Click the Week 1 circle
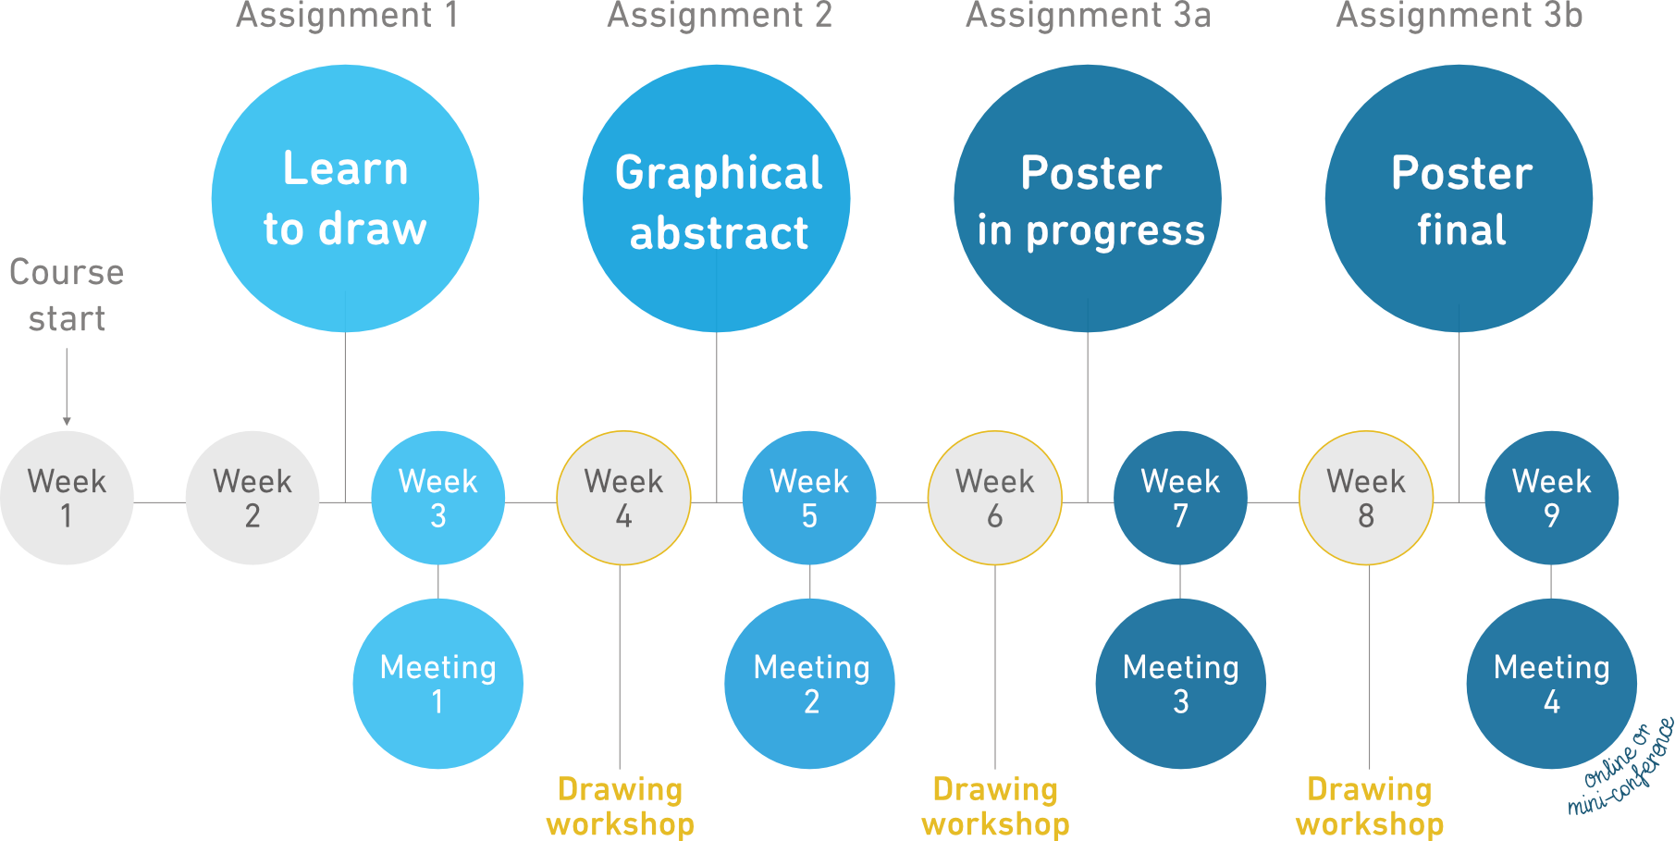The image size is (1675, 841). [x=67, y=498]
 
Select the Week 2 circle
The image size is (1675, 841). [x=252, y=498]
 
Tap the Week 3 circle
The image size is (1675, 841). [x=438, y=498]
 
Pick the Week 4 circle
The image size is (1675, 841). [x=623, y=498]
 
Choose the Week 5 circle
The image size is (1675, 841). [x=809, y=498]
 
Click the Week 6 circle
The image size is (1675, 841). [x=995, y=498]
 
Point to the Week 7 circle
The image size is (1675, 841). [x=1180, y=498]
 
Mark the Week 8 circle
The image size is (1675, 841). [x=1366, y=498]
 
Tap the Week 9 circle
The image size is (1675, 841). [x=1552, y=498]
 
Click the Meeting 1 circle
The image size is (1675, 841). [x=438, y=684]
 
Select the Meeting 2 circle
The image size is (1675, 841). [x=809, y=684]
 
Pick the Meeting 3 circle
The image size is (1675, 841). [x=1180, y=684]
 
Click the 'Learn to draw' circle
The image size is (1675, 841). [x=345, y=198]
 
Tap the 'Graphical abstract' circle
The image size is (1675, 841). [x=717, y=198]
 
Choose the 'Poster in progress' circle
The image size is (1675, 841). [x=1088, y=198]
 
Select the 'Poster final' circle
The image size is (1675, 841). [x=1459, y=198]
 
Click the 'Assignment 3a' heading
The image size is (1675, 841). [x=1088, y=16]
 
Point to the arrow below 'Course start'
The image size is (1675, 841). [x=67, y=389]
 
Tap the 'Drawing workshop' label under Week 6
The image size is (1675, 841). [x=995, y=807]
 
